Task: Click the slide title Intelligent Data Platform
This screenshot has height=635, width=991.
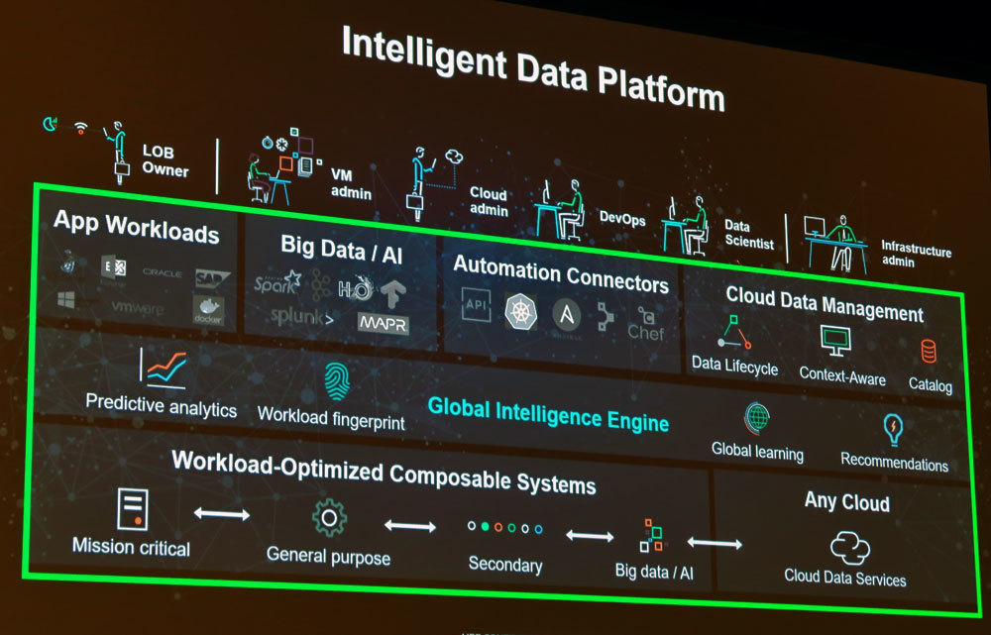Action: [x=532, y=66]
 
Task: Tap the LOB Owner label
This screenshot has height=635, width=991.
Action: [x=165, y=160]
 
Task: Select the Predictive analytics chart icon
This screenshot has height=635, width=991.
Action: [x=165, y=368]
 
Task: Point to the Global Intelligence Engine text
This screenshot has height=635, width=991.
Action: [x=548, y=413]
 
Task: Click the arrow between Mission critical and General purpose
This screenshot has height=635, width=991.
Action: [x=221, y=513]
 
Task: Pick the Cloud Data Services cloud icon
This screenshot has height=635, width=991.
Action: [x=848, y=546]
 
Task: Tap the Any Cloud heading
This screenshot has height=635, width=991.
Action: [x=845, y=500]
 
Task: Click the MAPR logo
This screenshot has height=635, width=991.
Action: [x=382, y=323]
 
